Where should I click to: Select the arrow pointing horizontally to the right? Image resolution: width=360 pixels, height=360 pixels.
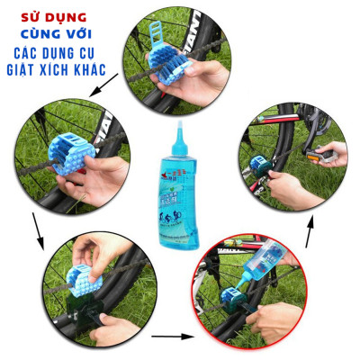click(x=170, y=337)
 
